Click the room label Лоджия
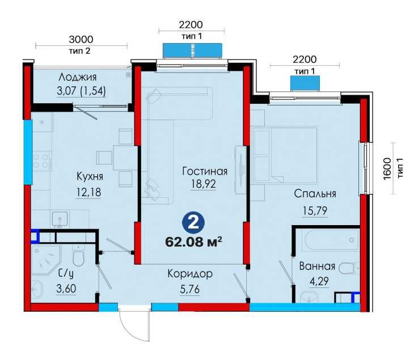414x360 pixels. (78, 77)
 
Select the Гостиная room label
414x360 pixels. (205, 171)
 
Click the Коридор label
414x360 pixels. (190, 274)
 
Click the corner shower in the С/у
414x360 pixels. (43, 258)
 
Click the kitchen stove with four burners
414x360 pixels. (40, 160)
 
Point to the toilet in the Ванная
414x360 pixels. (349, 268)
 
